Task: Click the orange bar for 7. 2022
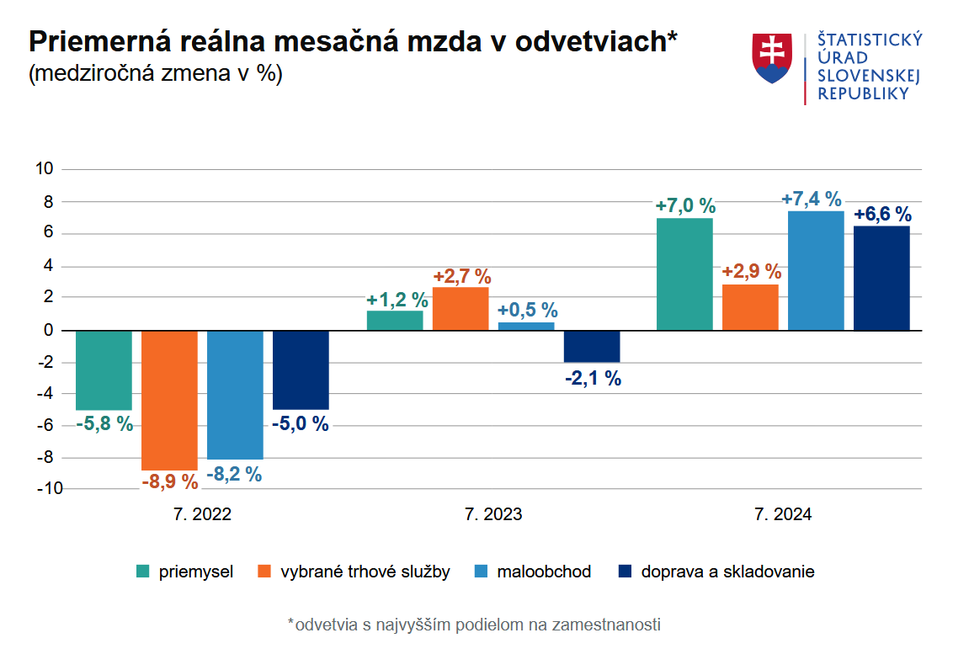(169, 400)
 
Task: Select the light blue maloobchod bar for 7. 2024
(816, 270)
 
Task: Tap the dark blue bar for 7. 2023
(592, 346)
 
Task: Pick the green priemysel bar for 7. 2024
(684, 274)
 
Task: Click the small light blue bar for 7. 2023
(526, 326)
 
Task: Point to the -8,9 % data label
(169, 482)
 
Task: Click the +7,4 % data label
(812, 199)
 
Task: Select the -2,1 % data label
(593, 379)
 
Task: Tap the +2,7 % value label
(461, 276)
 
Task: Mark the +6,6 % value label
(882, 215)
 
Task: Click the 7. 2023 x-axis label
(493, 514)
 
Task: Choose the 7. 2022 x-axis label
(202, 514)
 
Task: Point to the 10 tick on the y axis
(45, 169)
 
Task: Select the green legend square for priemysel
(143, 572)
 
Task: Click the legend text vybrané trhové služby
(365, 572)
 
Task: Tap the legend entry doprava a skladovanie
(727, 572)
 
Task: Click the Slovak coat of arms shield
(772, 58)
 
